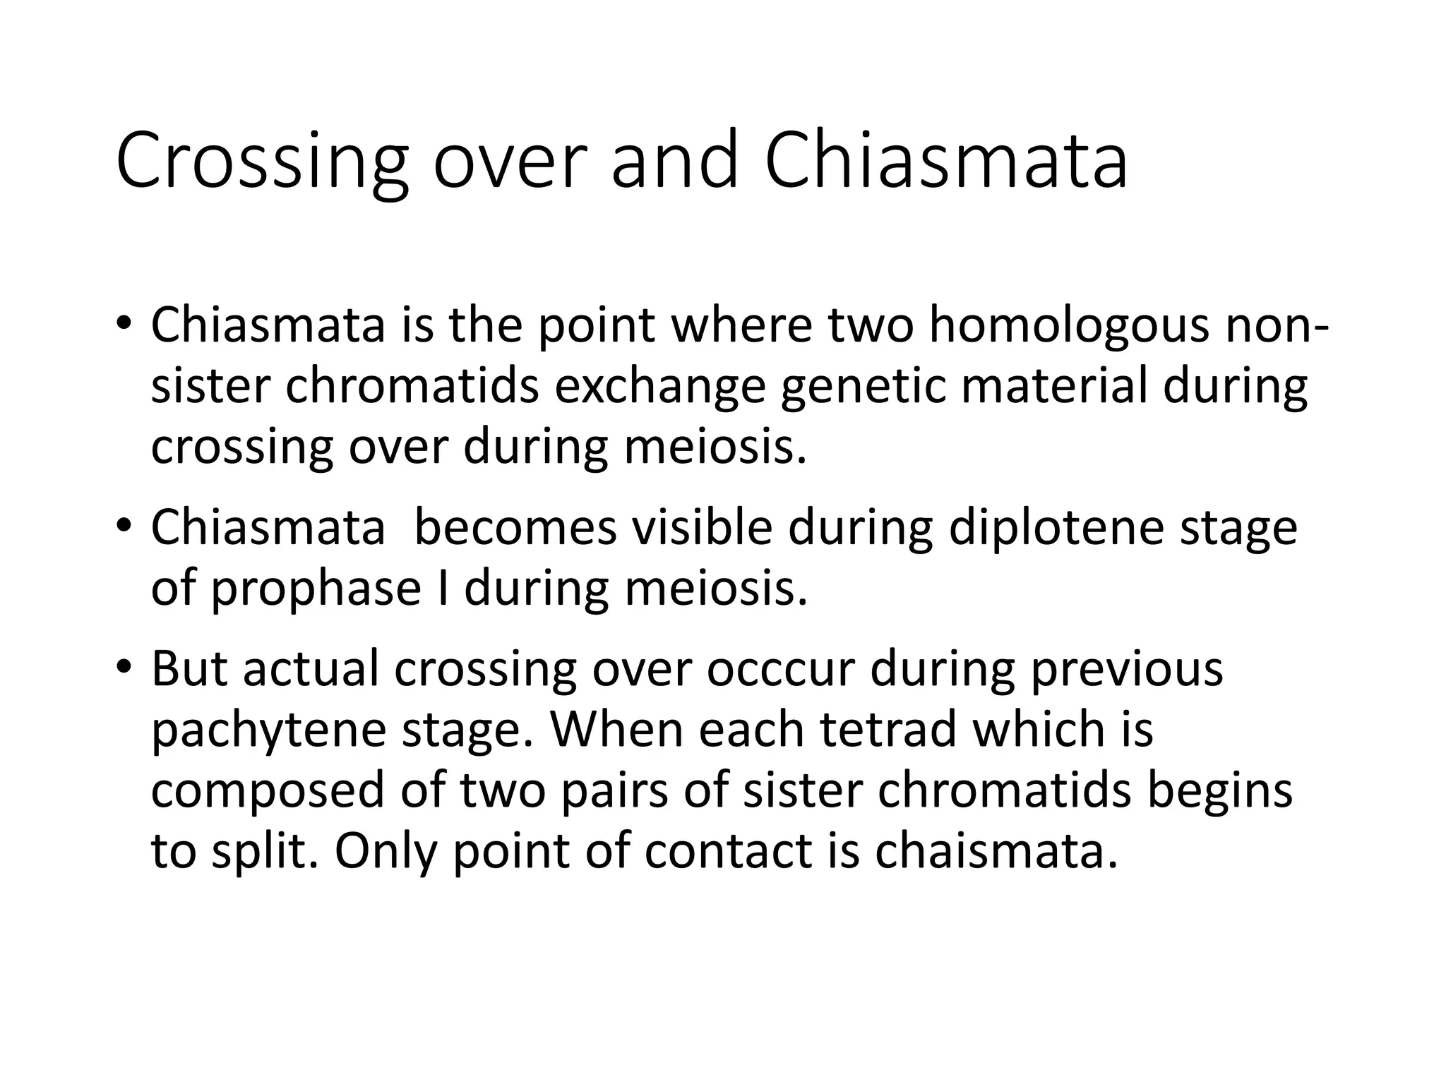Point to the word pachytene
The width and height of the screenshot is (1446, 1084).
coord(269,729)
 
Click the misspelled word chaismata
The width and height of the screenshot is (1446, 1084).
coord(996,850)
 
